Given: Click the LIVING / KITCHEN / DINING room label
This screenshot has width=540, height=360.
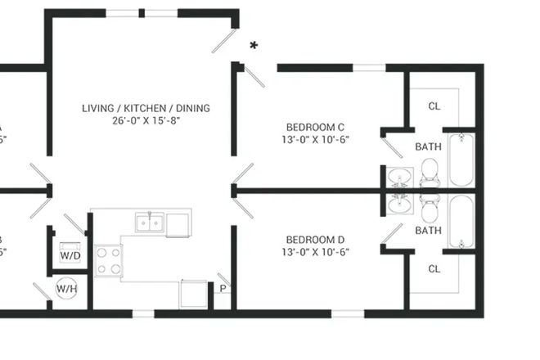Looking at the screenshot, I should tap(146, 108).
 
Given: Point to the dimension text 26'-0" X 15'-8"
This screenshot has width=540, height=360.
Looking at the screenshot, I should tap(146, 120).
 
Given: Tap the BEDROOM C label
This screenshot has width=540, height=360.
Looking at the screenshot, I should tap(315, 127).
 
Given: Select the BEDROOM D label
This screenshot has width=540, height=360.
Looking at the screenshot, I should tap(315, 240).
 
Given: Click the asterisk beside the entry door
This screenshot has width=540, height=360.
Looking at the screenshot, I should tap(254, 47).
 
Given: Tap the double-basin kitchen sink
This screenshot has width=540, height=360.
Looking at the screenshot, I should tap(151, 222).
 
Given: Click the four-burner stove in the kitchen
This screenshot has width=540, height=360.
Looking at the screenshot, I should tap(108, 262).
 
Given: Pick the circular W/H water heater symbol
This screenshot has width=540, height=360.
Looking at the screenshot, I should tap(66, 288).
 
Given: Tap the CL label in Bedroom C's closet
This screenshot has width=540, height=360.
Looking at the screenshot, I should tap(434, 106).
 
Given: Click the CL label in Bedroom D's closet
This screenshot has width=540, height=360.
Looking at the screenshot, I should tap(434, 268).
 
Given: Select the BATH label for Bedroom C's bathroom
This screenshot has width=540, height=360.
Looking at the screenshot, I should tap(428, 147).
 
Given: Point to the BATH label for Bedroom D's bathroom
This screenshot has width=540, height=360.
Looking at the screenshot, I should tap(428, 231).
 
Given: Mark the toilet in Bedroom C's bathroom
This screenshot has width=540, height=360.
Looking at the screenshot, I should tap(431, 171).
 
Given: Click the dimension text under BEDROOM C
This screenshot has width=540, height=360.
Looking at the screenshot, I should tap(315, 139).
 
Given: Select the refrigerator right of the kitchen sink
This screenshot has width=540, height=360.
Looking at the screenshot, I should tap(178, 223).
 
